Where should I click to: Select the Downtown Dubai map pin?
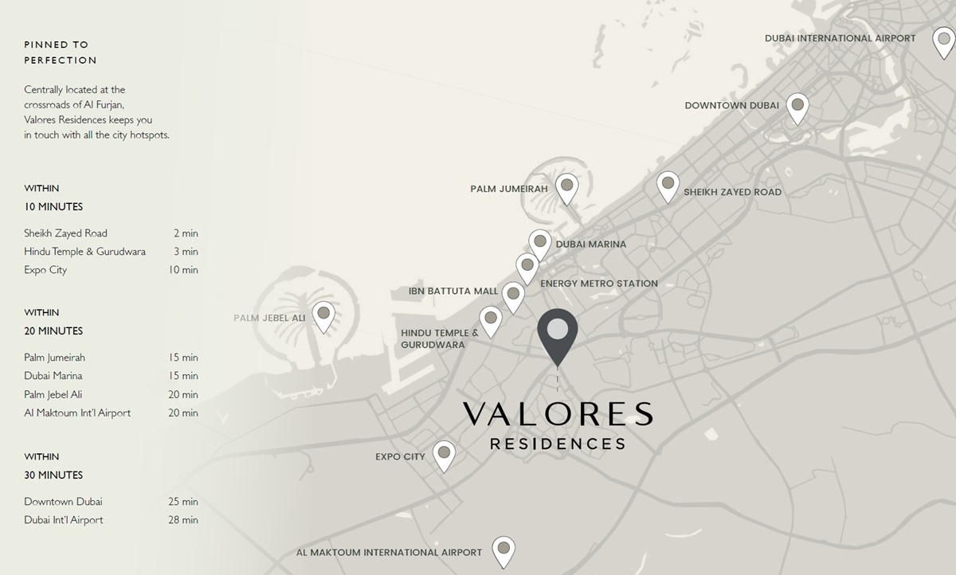click(x=797, y=107)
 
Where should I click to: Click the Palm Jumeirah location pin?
click(x=566, y=188)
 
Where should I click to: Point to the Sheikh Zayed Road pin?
click(x=668, y=186)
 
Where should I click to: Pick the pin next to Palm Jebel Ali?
click(x=323, y=315)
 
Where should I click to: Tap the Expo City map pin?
click(x=445, y=455)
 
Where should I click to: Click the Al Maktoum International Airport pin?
click(x=503, y=550)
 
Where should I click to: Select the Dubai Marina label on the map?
click(x=590, y=244)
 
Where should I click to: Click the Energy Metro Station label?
click(x=598, y=284)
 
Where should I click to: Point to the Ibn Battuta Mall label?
click(x=453, y=291)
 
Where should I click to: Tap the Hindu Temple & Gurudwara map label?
click(x=439, y=338)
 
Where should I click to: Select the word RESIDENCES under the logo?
click(x=558, y=444)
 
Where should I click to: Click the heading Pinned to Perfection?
click(x=61, y=52)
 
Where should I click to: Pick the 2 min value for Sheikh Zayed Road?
click(x=186, y=233)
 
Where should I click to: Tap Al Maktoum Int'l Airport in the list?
click(x=77, y=413)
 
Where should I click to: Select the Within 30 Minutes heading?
click(x=53, y=466)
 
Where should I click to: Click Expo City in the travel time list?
click(x=45, y=270)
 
